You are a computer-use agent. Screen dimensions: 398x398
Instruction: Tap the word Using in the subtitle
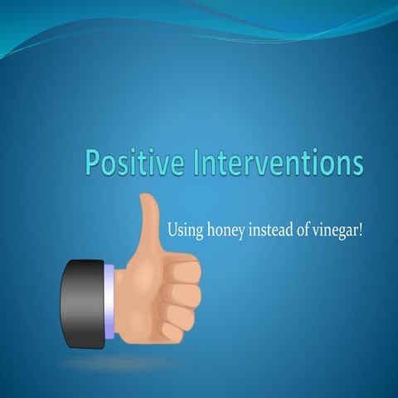pyautogui.click(x=183, y=230)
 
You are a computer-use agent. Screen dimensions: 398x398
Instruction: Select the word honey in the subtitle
pyautogui.click(x=223, y=230)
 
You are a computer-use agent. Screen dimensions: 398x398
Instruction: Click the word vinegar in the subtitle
pyautogui.click(x=333, y=230)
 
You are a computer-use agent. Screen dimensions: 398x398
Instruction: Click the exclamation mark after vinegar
pyautogui.click(x=361, y=228)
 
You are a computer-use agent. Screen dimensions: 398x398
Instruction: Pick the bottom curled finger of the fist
pyautogui.click(x=177, y=330)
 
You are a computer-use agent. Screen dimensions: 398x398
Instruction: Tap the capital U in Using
pyautogui.click(x=173, y=228)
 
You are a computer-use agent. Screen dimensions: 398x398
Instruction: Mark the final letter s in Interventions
pyautogui.click(x=357, y=163)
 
